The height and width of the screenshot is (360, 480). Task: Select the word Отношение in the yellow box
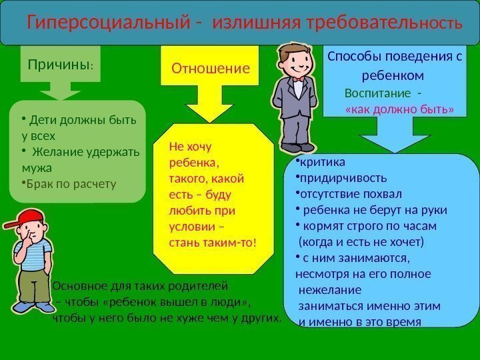211,68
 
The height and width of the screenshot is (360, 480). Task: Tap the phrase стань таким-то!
213,243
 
